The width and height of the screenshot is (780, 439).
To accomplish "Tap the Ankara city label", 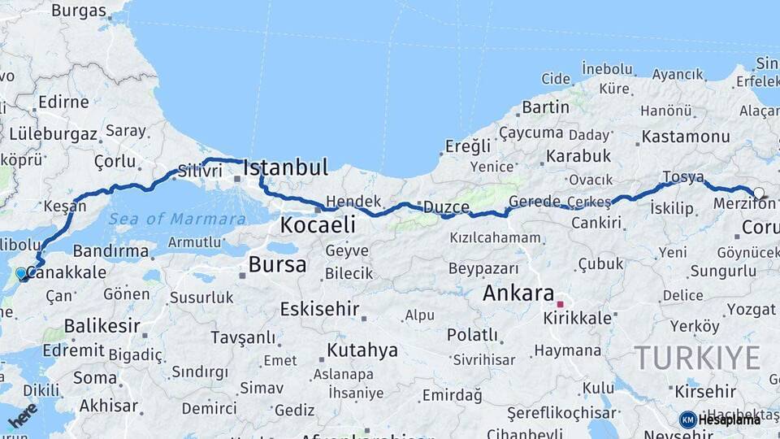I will pyautogui.click(x=518, y=293).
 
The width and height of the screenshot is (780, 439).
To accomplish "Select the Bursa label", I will pyautogui.click(x=277, y=264).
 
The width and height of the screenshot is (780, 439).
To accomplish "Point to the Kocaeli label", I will pyautogui.click(x=318, y=224).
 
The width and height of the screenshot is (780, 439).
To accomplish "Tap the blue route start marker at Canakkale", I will pyautogui.click(x=21, y=274).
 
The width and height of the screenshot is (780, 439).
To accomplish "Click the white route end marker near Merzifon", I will pyautogui.click(x=758, y=193).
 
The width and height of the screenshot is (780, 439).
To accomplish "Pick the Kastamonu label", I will pyautogui.click(x=686, y=137).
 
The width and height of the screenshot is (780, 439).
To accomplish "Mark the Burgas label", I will pyautogui.click(x=79, y=11).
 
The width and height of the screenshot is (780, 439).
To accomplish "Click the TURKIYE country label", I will pyautogui.click(x=697, y=358).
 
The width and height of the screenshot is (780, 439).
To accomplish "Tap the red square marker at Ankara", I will pyautogui.click(x=560, y=304).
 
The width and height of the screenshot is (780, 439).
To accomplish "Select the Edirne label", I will pyautogui.click(x=63, y=102).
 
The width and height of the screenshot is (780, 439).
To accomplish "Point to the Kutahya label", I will pyautogui.click(x=362, y=350).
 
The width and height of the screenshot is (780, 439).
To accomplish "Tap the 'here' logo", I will pyautogui.click(x=22, y=415).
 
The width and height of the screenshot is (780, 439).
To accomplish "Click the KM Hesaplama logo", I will pyautogui.click(x=720, y=419).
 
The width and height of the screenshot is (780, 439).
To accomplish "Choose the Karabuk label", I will pyautogui.click(x=578, y=155).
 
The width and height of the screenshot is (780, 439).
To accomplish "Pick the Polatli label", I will pyautogui.click(x=472, y=334).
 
